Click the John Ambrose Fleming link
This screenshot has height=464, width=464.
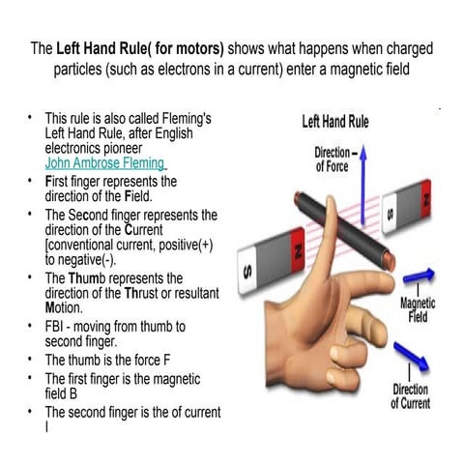tap(105, 163)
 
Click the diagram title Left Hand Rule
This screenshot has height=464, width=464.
tap(335, 123)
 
